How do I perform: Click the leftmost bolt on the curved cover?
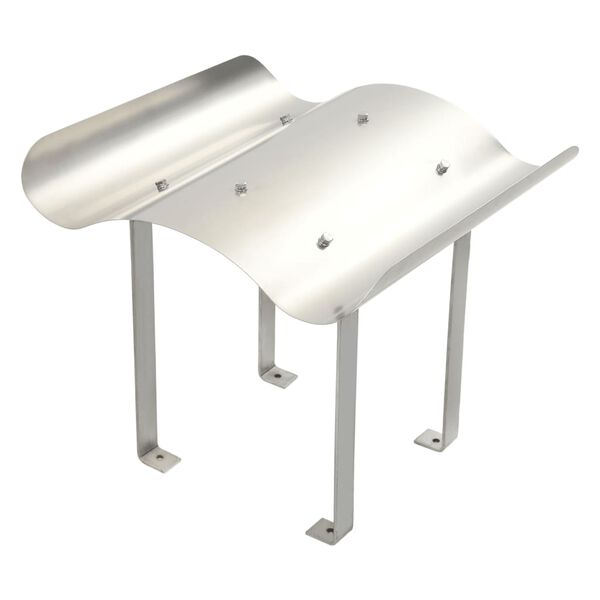tap(161, 185)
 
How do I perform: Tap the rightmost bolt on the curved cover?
tap(441, 167)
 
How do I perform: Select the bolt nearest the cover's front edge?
tap(324, 240)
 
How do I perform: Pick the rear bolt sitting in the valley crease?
tap(286, 119)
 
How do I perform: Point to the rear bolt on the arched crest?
tap(363, 119)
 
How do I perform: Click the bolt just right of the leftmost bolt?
tap(241, 187)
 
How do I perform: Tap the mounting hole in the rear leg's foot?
tap(277, 377)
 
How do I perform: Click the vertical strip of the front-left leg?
tap(143, 330)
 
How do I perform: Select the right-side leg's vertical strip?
tap(459, 330)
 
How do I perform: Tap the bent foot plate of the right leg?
tap(434, 438)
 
